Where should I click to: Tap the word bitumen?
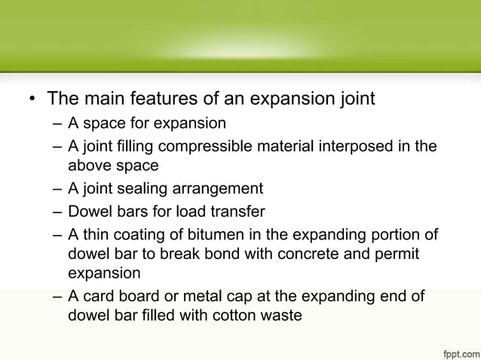pos(220,232)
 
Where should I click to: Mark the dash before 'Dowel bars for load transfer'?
pos(58,210)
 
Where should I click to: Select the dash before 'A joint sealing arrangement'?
pos(58,188)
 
